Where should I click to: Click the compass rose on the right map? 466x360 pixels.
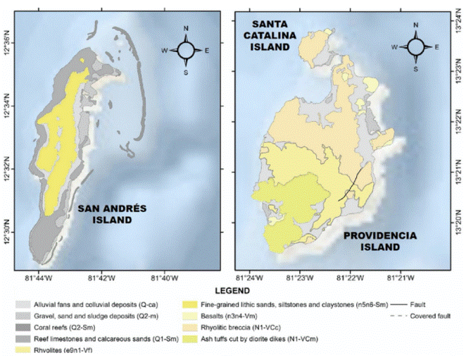415,47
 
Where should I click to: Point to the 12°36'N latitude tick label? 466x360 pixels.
8,51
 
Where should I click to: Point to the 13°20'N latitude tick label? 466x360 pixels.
457,226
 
